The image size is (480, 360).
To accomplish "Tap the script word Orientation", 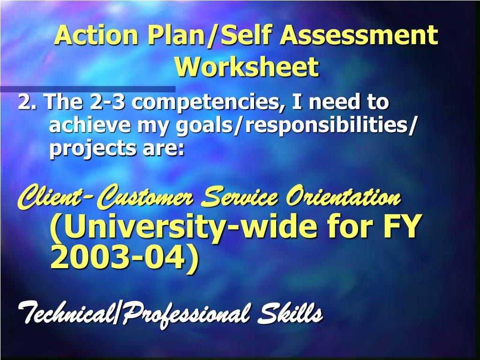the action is coord(343,197).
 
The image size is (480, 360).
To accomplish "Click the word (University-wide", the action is coord(184,227).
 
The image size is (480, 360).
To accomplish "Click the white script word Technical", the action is coord(65,313).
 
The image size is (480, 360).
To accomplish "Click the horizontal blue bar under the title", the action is coord(88,89).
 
